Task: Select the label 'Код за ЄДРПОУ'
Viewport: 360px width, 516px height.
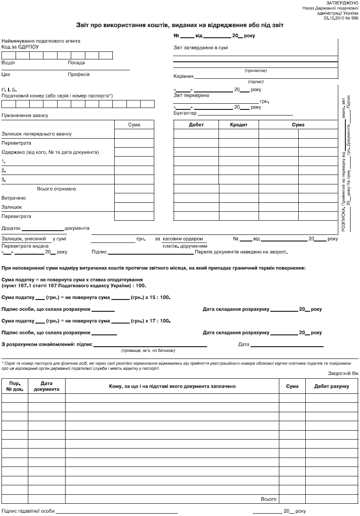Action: click(x=20, y=47)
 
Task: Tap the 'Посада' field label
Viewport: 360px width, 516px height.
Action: click(x=76, y=63)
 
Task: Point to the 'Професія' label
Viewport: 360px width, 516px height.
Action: click(x=79, y=75)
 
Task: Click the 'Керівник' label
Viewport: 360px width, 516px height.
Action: click(x=184, y=76)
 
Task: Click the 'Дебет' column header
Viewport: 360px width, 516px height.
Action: click(x=196, y=125)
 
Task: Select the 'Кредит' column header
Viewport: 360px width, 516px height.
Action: click(x=238, y=125)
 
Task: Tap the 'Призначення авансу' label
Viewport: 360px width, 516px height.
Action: click(x=25, y=116)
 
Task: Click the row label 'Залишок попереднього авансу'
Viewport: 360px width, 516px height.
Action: click(x=37, y=134)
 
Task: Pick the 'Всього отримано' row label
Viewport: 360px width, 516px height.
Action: click(x=57, y=189)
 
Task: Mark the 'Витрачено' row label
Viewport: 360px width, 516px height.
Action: click(x=14, y=198)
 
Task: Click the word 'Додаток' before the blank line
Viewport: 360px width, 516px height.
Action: click(x=12, y=228)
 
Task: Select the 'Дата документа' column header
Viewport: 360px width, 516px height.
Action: click(x=47, y=386)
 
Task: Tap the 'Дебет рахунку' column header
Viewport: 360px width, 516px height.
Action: click(x=332, y=386)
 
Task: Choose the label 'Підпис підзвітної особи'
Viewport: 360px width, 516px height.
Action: click(x=28, y=511)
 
